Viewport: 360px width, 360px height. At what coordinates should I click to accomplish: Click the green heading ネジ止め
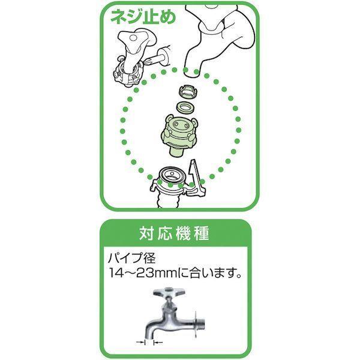[x=143, y=17]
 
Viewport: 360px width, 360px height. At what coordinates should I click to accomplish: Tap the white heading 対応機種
[x=174, y=233]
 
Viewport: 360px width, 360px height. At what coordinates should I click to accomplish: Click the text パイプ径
[x=132, y=258]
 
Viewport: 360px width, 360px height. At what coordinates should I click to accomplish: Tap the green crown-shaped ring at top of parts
[x=188, y=91]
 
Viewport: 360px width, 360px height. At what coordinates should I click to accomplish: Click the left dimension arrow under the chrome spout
[x=141, y=343]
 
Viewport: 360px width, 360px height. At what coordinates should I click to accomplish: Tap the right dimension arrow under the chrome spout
[x=158, y=343]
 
